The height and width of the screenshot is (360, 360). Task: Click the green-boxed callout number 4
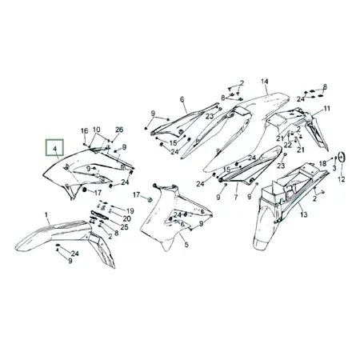55,149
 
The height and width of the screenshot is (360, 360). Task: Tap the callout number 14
264,82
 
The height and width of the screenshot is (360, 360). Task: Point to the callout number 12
342,179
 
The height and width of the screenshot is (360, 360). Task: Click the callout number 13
304,214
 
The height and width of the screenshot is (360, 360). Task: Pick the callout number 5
186,244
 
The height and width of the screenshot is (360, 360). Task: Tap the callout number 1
46,214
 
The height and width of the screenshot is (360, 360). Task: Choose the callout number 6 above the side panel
182,99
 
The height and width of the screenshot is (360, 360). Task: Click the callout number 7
236,198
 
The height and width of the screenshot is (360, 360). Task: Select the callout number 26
119,130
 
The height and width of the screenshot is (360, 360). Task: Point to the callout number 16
84,130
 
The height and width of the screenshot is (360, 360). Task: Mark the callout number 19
130,211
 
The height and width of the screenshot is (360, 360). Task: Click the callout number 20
127,218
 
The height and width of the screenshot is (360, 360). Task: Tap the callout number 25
125,227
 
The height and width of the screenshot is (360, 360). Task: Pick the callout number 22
288,145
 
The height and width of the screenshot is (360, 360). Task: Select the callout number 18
322,163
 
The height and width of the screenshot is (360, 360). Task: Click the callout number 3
334,168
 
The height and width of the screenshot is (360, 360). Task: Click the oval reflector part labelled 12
342,157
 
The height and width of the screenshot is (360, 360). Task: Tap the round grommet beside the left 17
84,190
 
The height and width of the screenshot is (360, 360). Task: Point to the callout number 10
96,130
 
